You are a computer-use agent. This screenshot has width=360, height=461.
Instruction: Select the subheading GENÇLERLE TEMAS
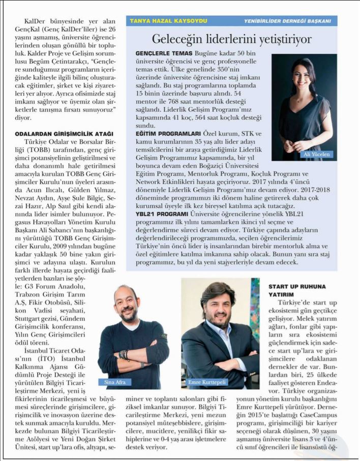coord(164,53)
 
